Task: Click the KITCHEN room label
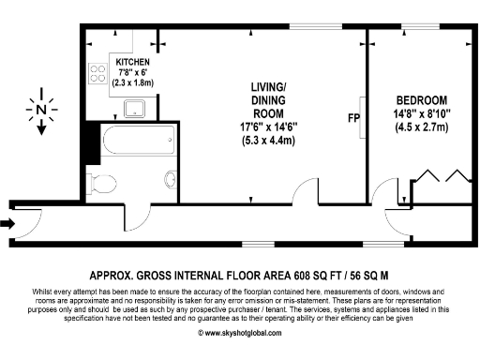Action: point(132,61)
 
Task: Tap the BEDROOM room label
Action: point(421,100)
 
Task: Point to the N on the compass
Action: point(39,110)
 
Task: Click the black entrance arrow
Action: point(8,223)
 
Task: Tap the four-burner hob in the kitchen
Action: point(97,73)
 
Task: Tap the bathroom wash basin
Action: point(170,179)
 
